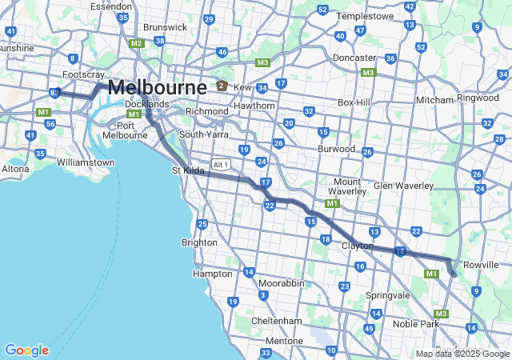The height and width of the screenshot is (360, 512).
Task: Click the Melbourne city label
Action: pos(158,86)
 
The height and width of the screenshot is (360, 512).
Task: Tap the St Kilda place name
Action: pos(188,170)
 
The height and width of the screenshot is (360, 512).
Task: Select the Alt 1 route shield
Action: pos(222,164)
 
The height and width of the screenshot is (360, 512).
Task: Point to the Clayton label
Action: pos(357,246)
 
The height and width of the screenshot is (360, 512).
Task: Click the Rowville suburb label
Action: pos(481,264)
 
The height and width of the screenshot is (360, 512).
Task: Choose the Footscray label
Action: pos(83,74)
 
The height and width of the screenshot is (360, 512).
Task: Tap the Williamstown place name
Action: pos(86,162)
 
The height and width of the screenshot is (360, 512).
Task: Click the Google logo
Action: pos(26,350)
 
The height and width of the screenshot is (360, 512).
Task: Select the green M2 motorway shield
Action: pos(137,43)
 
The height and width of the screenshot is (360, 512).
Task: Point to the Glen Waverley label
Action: pos(403,186)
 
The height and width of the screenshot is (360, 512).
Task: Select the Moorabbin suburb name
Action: pos(281,283)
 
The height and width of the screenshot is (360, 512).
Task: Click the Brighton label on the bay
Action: pos(199,242)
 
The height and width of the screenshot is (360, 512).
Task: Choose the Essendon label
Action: pos(110,6)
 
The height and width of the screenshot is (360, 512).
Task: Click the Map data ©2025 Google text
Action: pos(462,354)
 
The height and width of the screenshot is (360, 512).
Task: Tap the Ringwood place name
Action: pos(478,98)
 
